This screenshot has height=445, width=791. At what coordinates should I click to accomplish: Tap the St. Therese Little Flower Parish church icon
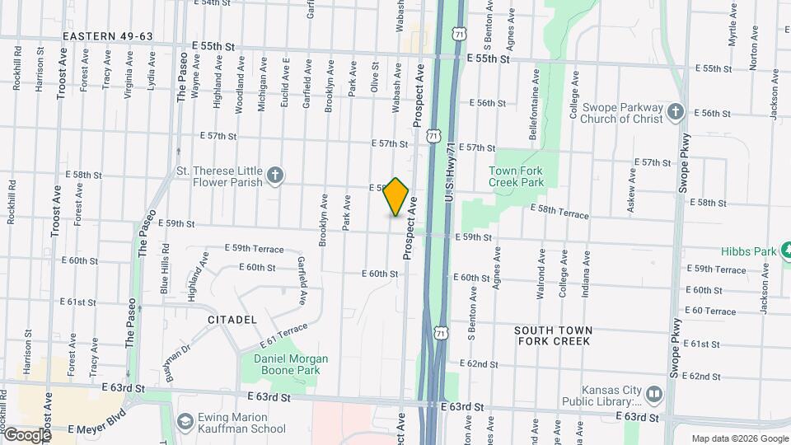(275, 175)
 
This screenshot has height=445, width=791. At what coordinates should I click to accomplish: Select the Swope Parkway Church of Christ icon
(676, 111)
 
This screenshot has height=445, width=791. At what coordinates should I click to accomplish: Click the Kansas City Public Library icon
(653, 395)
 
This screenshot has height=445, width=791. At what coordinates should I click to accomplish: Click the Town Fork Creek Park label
(517, 176)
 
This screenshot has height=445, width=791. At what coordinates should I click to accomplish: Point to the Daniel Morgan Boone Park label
(291, 364)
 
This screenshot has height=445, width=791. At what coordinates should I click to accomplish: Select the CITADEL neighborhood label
(232, 319)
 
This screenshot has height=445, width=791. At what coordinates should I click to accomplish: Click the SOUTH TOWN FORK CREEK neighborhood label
(553, 335)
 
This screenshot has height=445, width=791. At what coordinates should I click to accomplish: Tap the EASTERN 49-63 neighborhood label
(109, 36)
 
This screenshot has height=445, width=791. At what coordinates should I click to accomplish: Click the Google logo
(26, 434)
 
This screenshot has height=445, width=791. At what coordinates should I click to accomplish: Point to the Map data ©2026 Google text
(739, 438)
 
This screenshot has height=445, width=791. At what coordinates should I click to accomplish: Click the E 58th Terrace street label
(559, 212)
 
